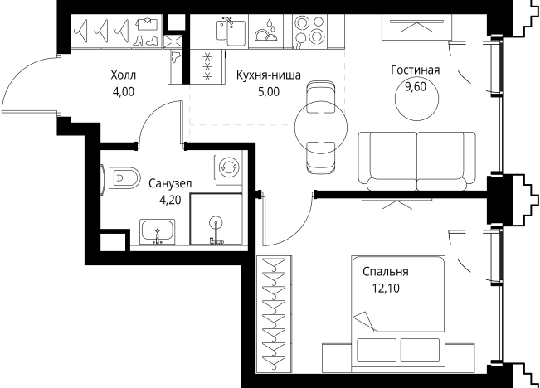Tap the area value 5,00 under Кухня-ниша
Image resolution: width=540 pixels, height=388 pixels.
coord(269,92)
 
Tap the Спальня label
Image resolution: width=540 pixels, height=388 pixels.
coord(385,271)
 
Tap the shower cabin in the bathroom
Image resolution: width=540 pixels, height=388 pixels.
coord(217,221)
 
